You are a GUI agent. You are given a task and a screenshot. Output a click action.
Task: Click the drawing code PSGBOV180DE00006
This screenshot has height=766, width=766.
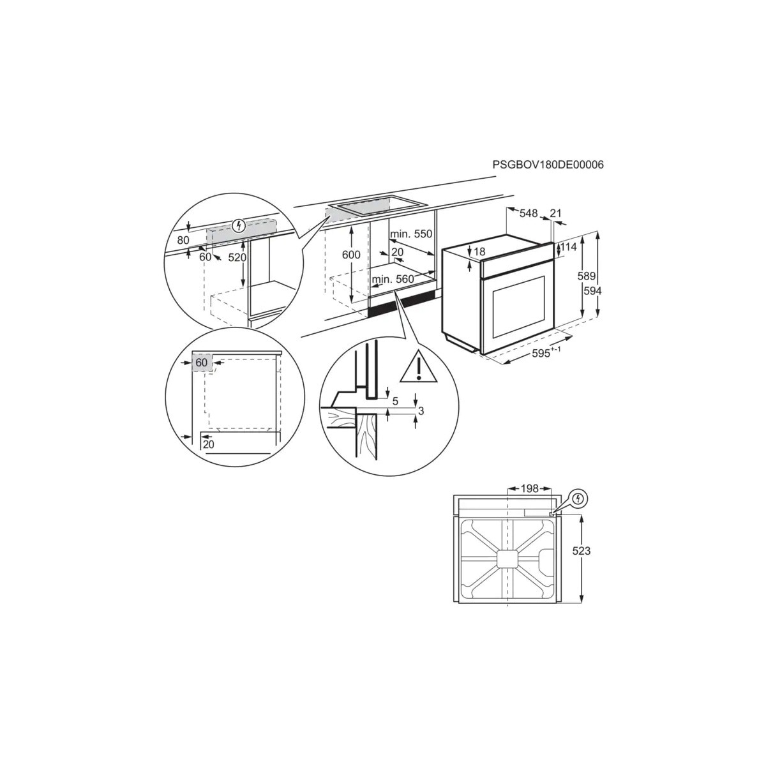point(548,165)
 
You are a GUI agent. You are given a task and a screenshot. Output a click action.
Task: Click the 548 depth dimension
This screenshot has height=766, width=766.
point(529,213)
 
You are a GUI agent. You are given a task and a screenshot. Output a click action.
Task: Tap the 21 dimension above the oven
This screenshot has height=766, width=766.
point(555,213)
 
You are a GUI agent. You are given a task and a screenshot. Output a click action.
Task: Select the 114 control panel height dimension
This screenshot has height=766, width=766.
point(569,247)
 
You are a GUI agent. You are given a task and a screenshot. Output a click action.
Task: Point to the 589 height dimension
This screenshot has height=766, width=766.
point(587,276)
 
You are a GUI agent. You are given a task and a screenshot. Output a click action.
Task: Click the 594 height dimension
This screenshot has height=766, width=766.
point(592,291)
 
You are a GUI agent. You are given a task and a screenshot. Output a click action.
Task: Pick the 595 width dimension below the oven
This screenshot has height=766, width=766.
point(546,352)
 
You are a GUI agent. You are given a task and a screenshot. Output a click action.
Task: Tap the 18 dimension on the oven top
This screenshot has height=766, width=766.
point(480,252)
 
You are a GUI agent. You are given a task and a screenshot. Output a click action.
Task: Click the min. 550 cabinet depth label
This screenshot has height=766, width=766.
point(410,234)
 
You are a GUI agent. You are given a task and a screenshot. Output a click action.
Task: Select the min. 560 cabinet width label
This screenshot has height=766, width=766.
point(393,279)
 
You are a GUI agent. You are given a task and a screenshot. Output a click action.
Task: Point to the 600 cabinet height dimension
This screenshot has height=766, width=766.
point(351,255)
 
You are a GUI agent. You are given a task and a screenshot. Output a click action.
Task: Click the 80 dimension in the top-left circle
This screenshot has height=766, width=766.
point(183,240)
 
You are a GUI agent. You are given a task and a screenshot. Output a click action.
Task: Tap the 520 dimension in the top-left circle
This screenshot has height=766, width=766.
point(237,258)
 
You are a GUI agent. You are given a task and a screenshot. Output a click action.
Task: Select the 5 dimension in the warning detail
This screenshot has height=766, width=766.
point(395,402)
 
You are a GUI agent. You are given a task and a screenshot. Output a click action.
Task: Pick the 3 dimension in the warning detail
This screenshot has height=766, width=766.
point(421,410)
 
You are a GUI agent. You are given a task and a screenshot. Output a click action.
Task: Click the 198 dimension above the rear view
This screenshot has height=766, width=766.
point(529,488)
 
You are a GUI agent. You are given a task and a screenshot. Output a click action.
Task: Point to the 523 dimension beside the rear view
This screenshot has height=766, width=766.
point(581,550)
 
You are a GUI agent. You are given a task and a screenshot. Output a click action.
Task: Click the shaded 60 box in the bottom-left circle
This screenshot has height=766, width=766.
point(202,363)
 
